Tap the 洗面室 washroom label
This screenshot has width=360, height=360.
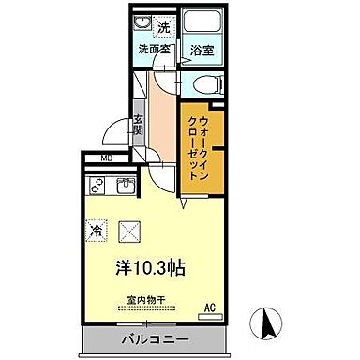pyautogui.click(x=153, y=49)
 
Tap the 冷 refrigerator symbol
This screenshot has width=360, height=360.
pyautogui.click(x=97, y=229)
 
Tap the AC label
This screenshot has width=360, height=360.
pyautogui.click(x=211, y=305)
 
